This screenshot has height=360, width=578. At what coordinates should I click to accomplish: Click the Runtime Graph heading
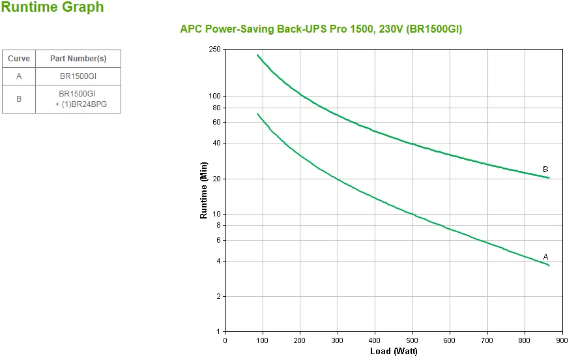pyautogui.click(x=52, y=8)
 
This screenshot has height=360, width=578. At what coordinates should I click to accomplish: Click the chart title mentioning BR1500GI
pyautogui.click(x=321, y=29)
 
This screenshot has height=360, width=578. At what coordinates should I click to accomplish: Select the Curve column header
pyautogui.click(x=19, y=59)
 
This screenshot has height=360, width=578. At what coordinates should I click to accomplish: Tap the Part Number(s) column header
pyautogui.click(x=78, y=59)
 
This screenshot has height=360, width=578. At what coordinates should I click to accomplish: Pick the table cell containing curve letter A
pyautogui.click(x=19, y=76)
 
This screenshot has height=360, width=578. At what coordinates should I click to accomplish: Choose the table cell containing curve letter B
pyautogui.click(x=19, y=99)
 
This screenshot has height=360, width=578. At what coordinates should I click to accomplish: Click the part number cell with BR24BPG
pyautogui.click(x=78, y=99)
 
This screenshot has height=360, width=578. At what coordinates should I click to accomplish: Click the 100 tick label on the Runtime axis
pyautogui.click(x=215, y=96)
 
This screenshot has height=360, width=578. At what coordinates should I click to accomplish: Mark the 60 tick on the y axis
pyautogui.click(x=217, y=122)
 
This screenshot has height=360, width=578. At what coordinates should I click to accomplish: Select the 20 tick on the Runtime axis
pyautogui.click(x=217, y=179)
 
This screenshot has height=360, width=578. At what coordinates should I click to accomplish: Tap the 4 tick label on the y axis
pyautogui.click(x=219, y=261)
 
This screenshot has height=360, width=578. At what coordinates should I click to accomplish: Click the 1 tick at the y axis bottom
pyautogui.click(x=219, y=332)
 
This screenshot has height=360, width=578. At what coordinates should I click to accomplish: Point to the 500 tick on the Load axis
pyautogui.click(x=412, y=340)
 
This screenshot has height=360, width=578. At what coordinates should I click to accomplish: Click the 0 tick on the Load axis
pyautogui.click(x=225, y=340)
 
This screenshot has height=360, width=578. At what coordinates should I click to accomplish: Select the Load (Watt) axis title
pyautogui.click(x=394, y=352)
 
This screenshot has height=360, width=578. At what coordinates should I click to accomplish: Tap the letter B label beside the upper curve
pyautogui.click(x=545, y=170)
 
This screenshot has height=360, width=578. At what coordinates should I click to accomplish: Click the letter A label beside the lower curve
pyautogui.click(x=545, y=256)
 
